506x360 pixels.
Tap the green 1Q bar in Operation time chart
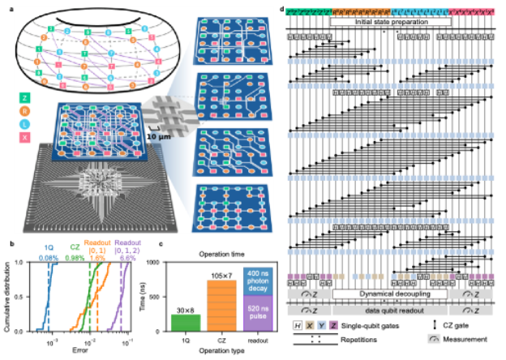click(184, 321)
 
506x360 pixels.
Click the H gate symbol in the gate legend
click(299, 325)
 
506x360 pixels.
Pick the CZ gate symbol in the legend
click(429, 326)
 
